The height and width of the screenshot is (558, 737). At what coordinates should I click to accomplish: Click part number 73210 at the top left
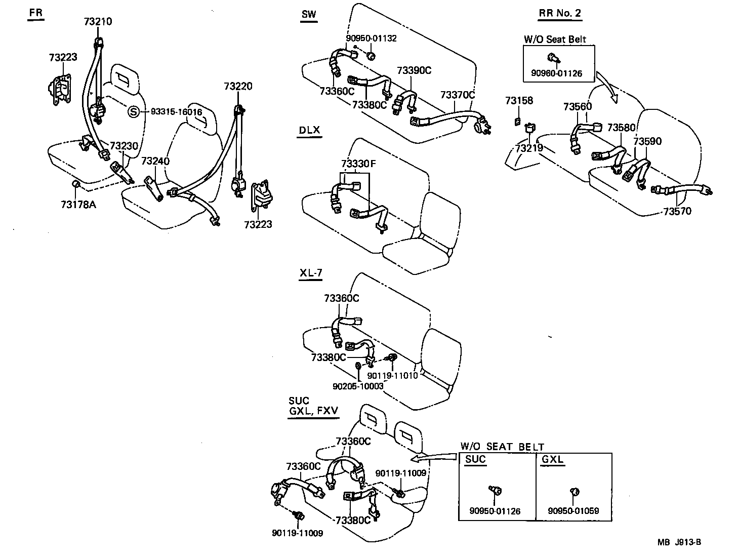click(98, 21)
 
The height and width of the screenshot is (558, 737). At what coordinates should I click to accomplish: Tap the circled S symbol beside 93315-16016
click(133, 112)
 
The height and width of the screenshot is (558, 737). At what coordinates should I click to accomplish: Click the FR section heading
click(36, 13)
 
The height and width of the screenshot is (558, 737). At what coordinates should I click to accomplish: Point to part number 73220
click(238, 87)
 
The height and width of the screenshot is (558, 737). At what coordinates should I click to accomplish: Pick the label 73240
click(155, 161)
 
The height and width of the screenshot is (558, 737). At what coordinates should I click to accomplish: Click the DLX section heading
click(309, 130)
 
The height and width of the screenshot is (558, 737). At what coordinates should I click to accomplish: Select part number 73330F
click(358, 164)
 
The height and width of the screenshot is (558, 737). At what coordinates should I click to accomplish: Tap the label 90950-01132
click(371, 38)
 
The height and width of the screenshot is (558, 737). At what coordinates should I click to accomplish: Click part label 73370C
click(458, 95)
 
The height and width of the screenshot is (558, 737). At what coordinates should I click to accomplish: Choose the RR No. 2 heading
click(560, 14)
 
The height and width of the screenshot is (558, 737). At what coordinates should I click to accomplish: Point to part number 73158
click(519, 101)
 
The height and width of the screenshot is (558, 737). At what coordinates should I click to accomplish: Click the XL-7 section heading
click(311, 273)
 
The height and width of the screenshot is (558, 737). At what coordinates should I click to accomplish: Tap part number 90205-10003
click(358, 386)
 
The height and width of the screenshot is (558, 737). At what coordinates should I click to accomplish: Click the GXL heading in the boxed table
click(553, 460)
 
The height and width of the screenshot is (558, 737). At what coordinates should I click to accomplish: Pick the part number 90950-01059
click(573, 511)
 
